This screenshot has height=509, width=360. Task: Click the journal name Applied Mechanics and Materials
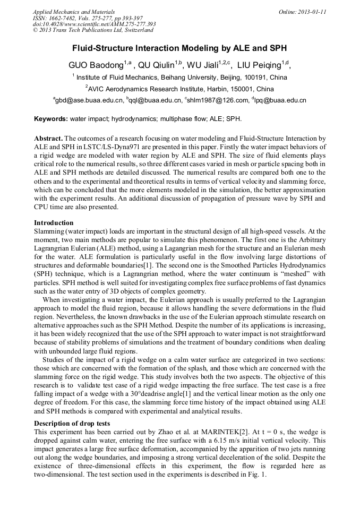pyautogui.click(x=67, y=11)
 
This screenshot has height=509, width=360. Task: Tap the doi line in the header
pyautogui.click(x=94, y=24)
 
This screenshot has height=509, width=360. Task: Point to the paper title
pyautogui.click(x=179, y=48)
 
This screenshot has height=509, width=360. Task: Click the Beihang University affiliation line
pyautogui.click(x=179, y=77)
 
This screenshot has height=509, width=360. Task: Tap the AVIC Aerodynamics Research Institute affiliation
pyautogui.click(x=180, y=89)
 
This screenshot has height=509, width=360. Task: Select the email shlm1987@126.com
pyautogui.click(x=218, y=100)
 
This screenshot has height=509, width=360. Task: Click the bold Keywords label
pyautogui.click(x=51, y=118)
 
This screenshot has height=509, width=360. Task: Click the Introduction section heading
pyautogui.click(x=54, y=222)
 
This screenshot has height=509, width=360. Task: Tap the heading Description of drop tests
pyautogui.click(x=72, y=423)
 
